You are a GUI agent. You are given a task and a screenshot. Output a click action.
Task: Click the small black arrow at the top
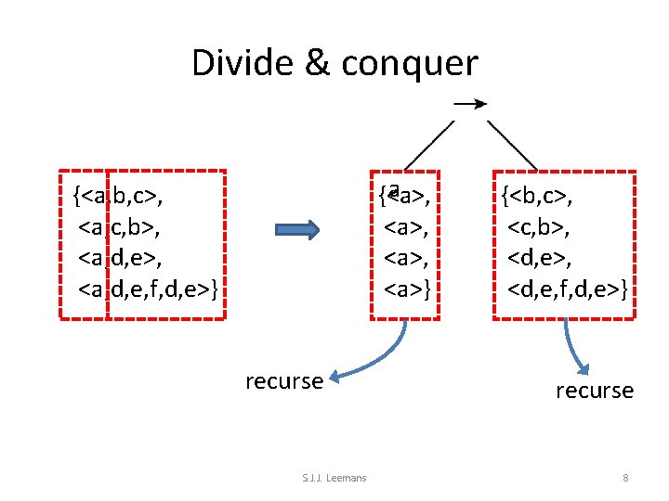point(470,104)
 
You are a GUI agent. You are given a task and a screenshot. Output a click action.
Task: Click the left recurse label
point(284,380)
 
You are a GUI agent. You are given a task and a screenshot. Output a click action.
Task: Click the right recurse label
point(595,391)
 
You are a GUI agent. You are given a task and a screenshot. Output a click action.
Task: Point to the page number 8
point(625,478)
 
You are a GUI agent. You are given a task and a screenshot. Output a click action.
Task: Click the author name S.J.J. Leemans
point(334,478)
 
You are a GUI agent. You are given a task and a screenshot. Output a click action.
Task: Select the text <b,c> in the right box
point(537,196)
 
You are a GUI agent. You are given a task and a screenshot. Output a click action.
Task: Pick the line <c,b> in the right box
point(543,226)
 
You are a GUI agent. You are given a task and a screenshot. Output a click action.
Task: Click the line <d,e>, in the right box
point(543,258)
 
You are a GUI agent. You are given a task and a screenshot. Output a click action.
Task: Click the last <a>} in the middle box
point(410,289)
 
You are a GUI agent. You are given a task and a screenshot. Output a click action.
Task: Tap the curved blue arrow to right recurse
point(574,348)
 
